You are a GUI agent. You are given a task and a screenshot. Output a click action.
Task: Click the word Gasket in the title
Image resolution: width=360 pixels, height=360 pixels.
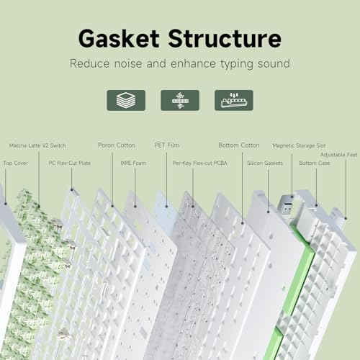[119, 38]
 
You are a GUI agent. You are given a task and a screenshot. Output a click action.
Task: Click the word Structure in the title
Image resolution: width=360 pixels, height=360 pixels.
[225, 38]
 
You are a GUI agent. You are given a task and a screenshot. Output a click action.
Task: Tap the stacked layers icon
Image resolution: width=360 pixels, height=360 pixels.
[126, 100]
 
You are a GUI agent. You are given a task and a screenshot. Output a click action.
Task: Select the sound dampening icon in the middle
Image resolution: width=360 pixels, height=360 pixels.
[180, 100]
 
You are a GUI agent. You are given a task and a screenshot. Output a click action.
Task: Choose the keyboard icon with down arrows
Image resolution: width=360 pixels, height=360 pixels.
[234, 100]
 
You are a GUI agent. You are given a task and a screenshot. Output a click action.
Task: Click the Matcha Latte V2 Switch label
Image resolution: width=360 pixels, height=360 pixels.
[37, 145]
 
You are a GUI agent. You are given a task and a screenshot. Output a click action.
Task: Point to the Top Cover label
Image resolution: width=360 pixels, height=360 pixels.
[15, 163]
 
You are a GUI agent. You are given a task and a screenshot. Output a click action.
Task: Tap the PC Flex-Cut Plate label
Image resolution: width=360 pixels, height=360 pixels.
[70, 163]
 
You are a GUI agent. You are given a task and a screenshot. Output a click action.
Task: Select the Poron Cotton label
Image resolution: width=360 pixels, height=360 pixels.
[117, 145]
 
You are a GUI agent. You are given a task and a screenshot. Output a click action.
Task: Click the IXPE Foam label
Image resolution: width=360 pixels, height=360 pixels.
[133, 163]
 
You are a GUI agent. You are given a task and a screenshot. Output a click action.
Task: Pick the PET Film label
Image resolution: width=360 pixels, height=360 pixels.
[167, 145]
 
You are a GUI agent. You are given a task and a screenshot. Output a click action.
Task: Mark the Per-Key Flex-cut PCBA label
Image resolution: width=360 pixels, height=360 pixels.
[199, 163]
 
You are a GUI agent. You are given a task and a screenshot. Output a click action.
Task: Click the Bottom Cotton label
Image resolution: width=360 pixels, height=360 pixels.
[239, 145]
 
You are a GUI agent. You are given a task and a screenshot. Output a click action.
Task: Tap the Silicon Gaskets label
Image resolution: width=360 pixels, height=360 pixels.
[265, 163]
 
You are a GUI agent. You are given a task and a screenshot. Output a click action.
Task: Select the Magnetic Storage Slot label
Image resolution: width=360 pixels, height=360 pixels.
[299, 145]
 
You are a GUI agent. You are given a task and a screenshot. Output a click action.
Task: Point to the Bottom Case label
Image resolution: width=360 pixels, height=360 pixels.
[315, 163]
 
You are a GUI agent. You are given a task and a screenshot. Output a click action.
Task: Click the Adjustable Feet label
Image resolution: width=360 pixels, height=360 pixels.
[339, 155]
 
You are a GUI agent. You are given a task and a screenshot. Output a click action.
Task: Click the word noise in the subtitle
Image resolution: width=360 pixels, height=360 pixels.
[128, 63]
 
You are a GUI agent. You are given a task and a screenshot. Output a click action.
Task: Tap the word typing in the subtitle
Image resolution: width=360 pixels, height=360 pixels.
[237, 64]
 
